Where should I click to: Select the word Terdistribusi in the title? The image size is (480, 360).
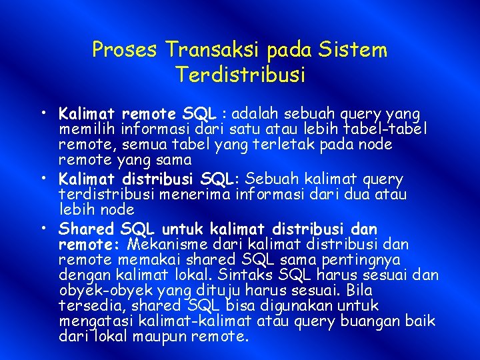pos(241,74)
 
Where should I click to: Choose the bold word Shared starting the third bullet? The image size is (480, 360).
pos(85,229)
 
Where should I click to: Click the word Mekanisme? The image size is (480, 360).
pos(164,245)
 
